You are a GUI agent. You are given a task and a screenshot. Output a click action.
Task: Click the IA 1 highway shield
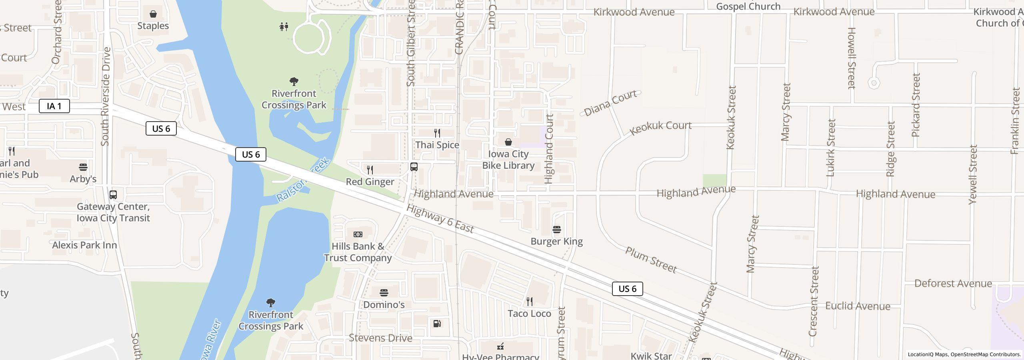[54, 106]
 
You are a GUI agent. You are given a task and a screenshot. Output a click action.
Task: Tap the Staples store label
[153, 26]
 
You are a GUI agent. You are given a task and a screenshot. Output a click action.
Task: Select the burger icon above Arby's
[83, 167]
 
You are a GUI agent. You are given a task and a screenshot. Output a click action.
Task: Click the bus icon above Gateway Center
[113, 195]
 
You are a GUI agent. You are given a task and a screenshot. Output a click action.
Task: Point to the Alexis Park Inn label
[84, 245]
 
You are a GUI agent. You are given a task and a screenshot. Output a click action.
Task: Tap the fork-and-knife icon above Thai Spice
[437, 133]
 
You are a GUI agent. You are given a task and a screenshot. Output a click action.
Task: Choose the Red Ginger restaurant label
[370, 182]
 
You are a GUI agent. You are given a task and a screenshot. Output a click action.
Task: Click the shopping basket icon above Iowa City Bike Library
[508, 142]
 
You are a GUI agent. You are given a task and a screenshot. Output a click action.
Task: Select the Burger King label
[556, 242]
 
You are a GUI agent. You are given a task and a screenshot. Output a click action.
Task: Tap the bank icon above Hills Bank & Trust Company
[358, 234]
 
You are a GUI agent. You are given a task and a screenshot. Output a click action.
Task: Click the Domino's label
[384, 305]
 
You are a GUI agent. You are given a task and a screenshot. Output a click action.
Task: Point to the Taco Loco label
[529, 314]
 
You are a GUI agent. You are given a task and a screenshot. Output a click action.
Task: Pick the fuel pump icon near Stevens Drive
[437, 324]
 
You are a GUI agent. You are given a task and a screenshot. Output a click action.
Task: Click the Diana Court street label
[610, 103]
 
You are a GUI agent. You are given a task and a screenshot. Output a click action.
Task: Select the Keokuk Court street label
[660, 127]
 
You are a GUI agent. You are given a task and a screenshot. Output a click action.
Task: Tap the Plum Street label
[651, 260]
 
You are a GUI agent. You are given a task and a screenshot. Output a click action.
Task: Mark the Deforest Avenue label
[953, 284]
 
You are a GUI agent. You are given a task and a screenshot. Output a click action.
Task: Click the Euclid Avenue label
[858, 306]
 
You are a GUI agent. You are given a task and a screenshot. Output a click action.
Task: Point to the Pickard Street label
[916, 105]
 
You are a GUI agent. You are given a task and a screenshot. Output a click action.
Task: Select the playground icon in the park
[284, 27]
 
